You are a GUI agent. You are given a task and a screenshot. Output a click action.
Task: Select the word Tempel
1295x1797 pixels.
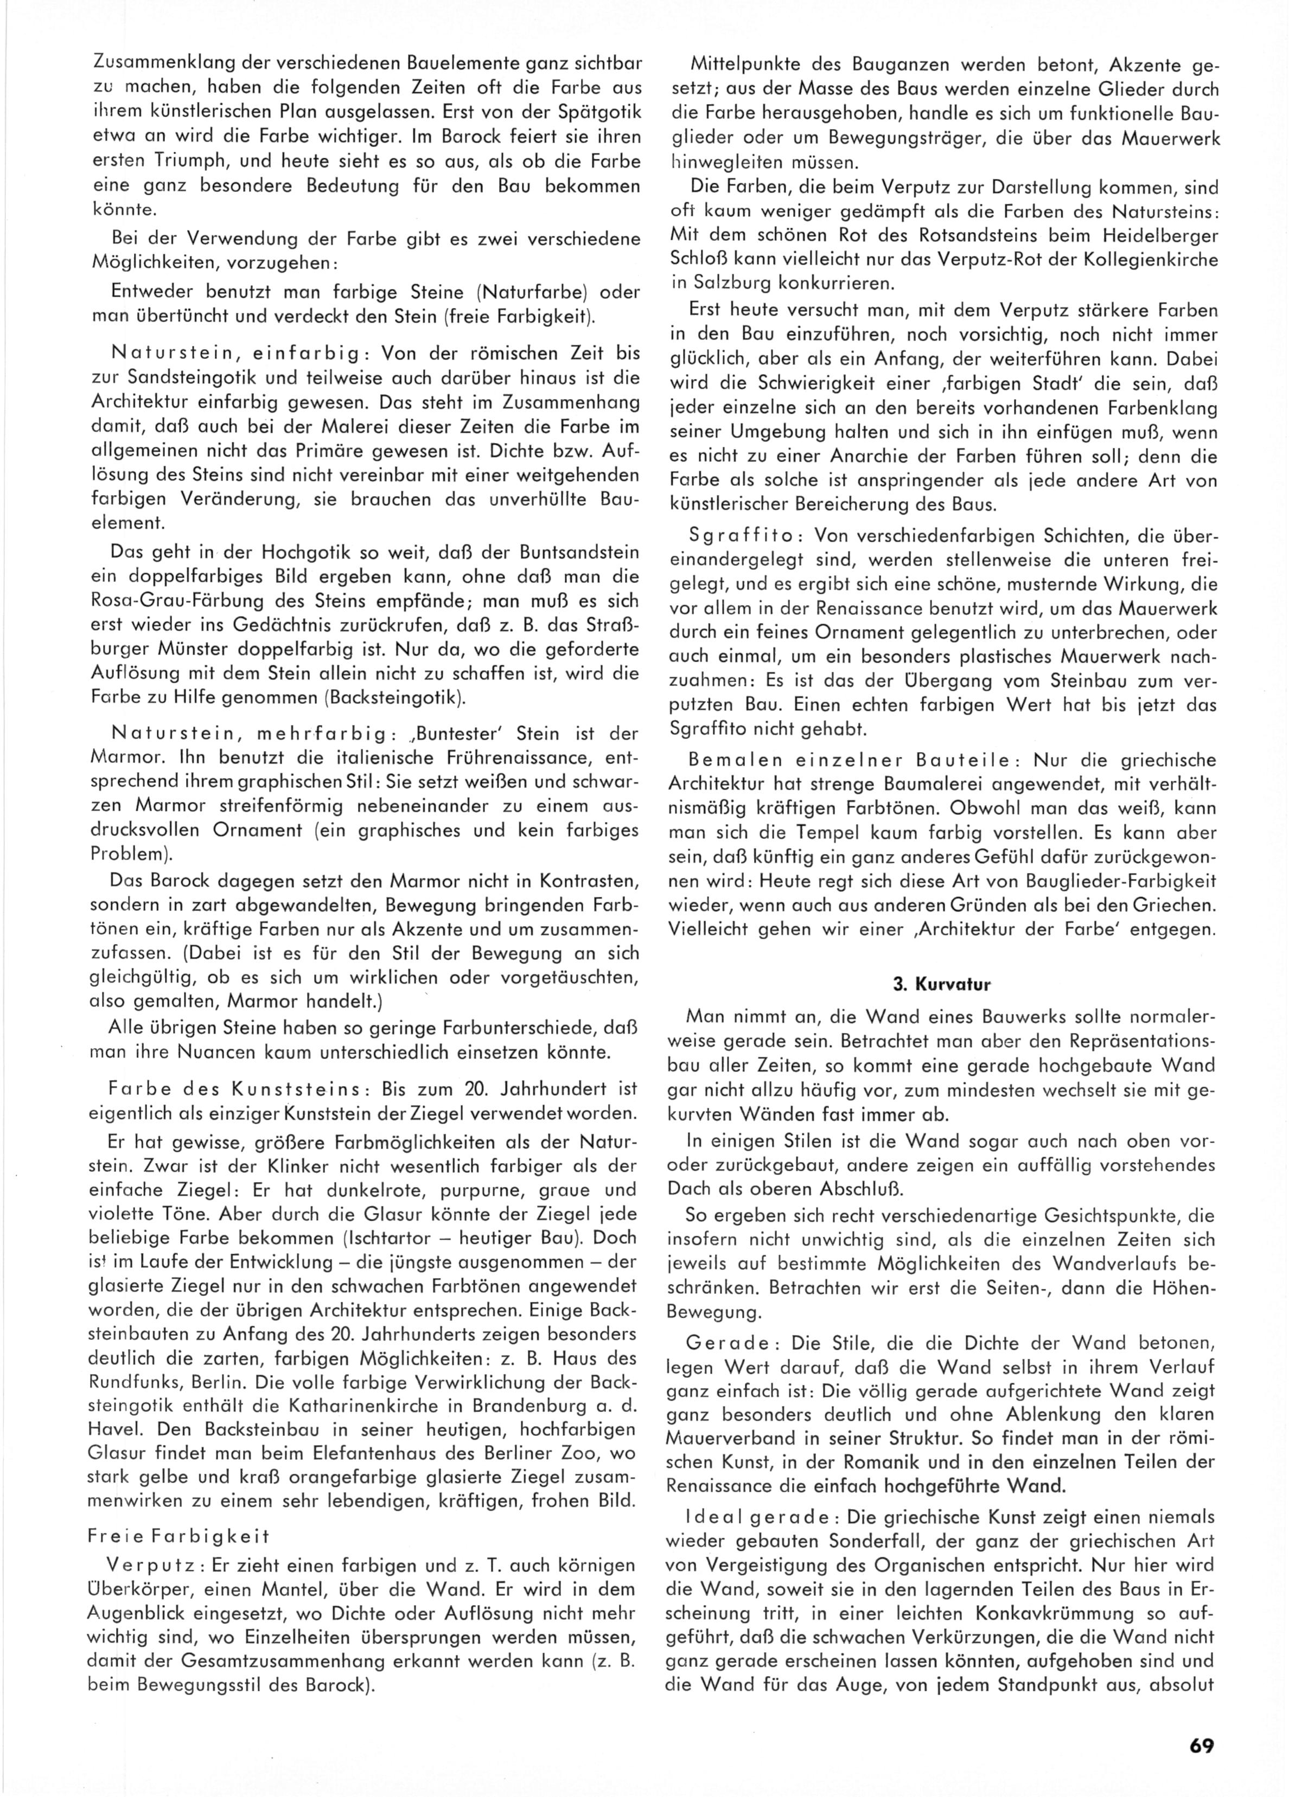[x=805, y=833]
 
